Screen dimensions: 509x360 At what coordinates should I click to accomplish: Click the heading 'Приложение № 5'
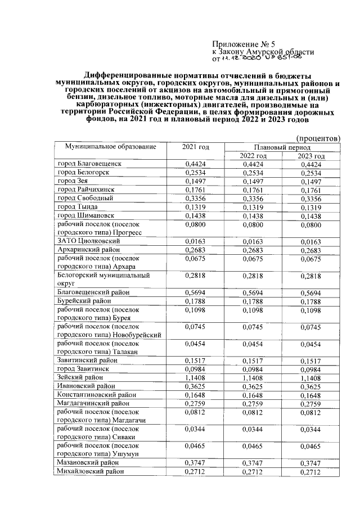(243, 44)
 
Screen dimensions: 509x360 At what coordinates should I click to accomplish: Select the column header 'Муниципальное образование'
(110, 147)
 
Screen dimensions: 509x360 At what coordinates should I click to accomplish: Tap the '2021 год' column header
(196, 147)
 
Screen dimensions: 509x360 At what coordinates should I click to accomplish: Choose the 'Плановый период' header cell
(282, 146)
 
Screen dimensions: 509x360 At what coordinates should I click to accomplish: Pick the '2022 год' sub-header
(253, 155)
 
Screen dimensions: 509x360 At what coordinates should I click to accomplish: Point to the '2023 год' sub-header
(312, 155)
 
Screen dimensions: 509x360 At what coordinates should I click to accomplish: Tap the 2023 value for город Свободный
(312, 198)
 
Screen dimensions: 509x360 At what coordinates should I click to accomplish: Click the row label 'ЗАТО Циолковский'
(86, 241)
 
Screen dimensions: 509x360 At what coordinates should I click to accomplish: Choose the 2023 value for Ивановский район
(312, 386)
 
